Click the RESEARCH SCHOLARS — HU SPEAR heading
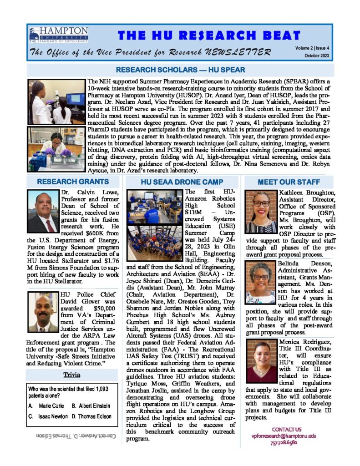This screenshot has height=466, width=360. [x=181, y=70]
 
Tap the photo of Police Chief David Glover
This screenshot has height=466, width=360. [x=43, y=312]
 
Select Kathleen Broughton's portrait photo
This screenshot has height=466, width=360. [x=261, y=212]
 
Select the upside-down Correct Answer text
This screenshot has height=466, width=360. [x=76, y=436]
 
